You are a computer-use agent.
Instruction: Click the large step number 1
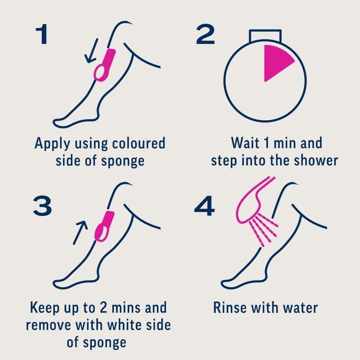[42, 34]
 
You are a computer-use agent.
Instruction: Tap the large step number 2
[205, 34]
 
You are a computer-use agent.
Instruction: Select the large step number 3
[43, 205]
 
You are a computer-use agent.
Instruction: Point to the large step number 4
[204, 206]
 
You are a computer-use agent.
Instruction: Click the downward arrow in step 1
[91, 51]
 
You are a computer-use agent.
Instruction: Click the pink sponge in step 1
[105, 65]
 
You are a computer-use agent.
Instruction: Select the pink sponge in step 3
[104, 226]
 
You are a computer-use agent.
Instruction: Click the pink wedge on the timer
[278, 62]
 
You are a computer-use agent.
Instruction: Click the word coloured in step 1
[139, 143]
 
